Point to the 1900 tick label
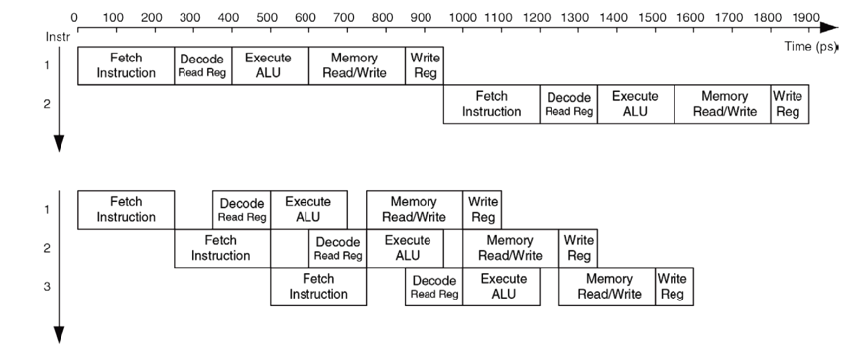pyautogui.click(x=807, y=17)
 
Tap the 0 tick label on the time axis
pyautogui.click(x=75, y=17)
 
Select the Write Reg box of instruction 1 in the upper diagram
pyautogui.click(x=424, y=65)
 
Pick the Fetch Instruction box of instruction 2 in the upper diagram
pyautogui.click(x=491, y=104)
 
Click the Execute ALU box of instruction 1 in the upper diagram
pyautogui.click(x=269, y=65)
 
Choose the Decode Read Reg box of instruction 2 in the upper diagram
pyautogui.click(x=568, y=104)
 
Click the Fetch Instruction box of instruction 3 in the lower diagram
pyautogui.click(x=318, y=287)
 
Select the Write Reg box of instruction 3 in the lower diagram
pyautogui.click(x=673, y=287)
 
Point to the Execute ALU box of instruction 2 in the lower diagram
pyautogui.click(x=405, y=248)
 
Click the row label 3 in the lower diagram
pyautogui.click(x=47, y=286)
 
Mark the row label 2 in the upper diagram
pyautogui.click(x=47, y=103)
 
